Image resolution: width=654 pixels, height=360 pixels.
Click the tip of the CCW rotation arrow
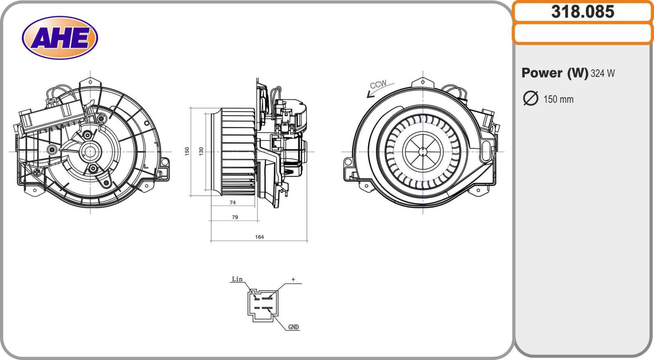pyautogui.click(x=367, y=97)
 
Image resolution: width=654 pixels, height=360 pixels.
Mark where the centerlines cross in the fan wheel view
pyautogui.click(x=423, y=152)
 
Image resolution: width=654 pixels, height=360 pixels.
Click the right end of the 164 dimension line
pyautogui.click(x=307, y=241)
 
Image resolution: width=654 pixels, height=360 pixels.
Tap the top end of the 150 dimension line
pyautogui.click(x=190, y=108)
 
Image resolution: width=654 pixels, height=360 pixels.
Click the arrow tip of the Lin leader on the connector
pyautogui.click(x=256, y=298)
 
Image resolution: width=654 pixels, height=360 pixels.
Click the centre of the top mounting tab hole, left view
pyautogui.click(x=90, y=82)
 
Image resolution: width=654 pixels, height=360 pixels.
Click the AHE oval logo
pyautogui.click(x=60, y=38)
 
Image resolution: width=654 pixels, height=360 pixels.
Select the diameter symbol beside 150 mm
pyautogui.click(x=531, y=98)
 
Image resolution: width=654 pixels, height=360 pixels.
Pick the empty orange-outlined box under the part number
pyautogui.click(x=583, y=34)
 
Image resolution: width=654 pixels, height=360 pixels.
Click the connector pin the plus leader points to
pyautogui.click(x=267, y=298)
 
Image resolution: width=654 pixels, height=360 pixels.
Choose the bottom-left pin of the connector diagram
pyautogui.click(x=257, y=308)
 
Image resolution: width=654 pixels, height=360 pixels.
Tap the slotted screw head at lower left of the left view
pyautogui.click(x=37, y=172)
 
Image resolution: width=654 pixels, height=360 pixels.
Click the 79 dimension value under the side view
pyautogui.click(x=235, y=217)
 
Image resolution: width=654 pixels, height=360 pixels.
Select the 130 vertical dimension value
pyautogui.click(x=201, y=151)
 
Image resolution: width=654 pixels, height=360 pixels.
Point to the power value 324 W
pyautogui.click(x=602, y=73)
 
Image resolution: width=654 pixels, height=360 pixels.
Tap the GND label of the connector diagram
pyautogui.click(x=293, y=327)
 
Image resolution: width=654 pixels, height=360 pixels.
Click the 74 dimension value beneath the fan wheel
pyautogui.click(x=233, y=202)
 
